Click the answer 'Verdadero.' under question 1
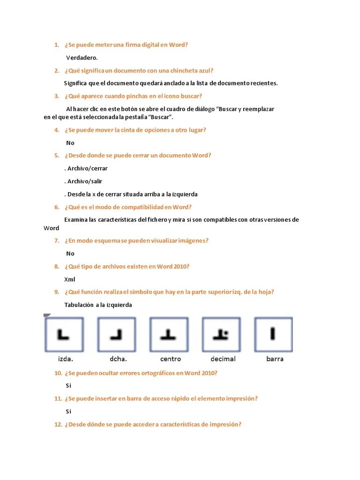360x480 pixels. point(82,58)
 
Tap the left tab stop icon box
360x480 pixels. point(64,335)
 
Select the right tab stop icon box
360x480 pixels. point(116,335)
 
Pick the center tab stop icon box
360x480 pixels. point(169,335)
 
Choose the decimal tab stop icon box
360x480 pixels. point(221,335)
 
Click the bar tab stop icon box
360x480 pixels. point(273,335)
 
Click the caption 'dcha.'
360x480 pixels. point(119,359)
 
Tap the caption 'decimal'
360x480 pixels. point(223,359)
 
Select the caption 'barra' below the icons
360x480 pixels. point(275,359)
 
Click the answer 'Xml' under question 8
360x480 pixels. point(70,279)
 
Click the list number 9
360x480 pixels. point(56,292)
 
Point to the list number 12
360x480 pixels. point(58,425)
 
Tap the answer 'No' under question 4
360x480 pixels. point(70,143)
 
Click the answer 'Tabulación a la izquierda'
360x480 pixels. point(98,305)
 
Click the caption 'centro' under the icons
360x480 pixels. point(171,359)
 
